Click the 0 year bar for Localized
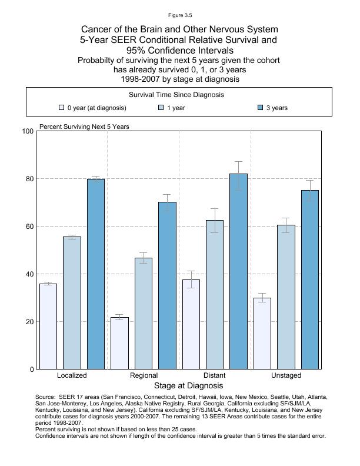(48, 327)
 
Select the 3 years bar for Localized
(96, 274)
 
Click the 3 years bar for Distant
(239, 271)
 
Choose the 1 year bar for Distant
(215, 295)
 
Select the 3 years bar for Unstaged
(310, 279)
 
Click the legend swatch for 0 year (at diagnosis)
(61, 108)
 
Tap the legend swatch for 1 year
(161, 108)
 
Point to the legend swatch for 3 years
(261, 108)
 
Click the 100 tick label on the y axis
(26, 131)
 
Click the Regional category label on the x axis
(144, 375)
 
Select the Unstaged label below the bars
(286, 375)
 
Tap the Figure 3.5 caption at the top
(179, 15)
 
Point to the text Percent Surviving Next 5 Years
(84, 127)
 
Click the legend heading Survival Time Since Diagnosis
(176, 95)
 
